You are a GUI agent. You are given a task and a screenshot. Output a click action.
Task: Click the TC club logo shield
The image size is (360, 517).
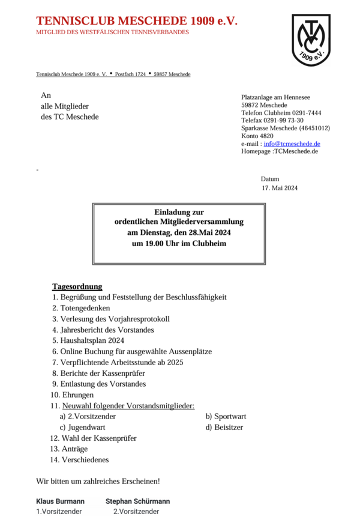[x=311, y=40]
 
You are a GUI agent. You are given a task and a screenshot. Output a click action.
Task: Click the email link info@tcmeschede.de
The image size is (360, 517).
[x=292, y=144]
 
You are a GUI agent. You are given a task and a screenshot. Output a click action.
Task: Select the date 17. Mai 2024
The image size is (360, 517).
[x=280, y=188]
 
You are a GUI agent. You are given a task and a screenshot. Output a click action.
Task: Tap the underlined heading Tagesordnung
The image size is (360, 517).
[x=77, y=286]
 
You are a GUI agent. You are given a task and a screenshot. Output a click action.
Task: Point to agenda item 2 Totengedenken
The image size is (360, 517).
[x=81, y=308]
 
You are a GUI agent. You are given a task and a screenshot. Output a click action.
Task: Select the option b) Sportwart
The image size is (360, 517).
[x=226, y=416]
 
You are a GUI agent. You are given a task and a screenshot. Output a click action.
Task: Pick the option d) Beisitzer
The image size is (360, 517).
[x=224, y=427]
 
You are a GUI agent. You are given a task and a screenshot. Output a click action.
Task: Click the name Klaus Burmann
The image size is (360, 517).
[x=60, y=501]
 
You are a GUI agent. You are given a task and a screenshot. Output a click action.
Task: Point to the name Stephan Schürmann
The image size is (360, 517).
[x=137, y=501]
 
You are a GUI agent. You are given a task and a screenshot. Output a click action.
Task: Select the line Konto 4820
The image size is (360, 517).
[x=257, y=136]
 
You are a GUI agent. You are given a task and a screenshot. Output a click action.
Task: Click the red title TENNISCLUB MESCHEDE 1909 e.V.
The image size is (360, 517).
[x=137, y=22]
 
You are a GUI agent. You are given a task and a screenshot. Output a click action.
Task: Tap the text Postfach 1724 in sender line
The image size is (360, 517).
[x=130, y=74]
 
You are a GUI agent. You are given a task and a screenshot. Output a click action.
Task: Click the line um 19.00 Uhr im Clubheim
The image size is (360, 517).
[x=179, y=244]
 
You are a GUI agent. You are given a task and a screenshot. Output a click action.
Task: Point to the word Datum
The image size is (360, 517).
[x=270, y=179]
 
